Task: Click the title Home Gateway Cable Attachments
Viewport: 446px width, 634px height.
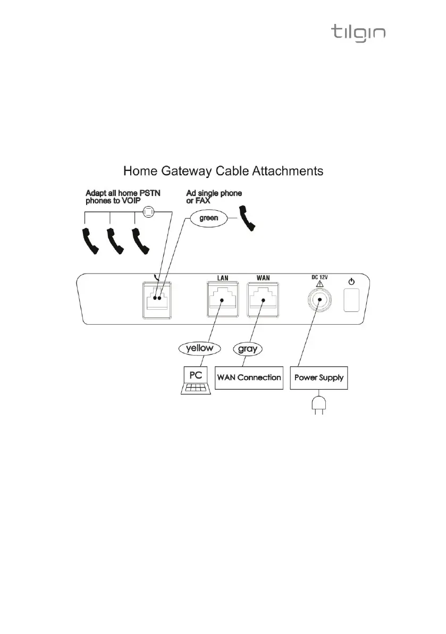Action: (223, 171)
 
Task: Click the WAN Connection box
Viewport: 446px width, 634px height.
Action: (249, 378)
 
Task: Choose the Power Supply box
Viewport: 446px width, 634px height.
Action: (319, 378)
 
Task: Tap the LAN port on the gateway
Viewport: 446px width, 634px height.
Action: (222, 301)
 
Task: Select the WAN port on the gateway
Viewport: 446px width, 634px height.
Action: (265, 301)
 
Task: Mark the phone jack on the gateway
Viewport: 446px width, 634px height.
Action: (156, 301)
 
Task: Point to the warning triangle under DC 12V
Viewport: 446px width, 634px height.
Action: (319, 283)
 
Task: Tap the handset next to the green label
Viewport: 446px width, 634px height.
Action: (249, 218)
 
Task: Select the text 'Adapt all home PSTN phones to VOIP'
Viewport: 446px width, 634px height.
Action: (123, 196)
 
